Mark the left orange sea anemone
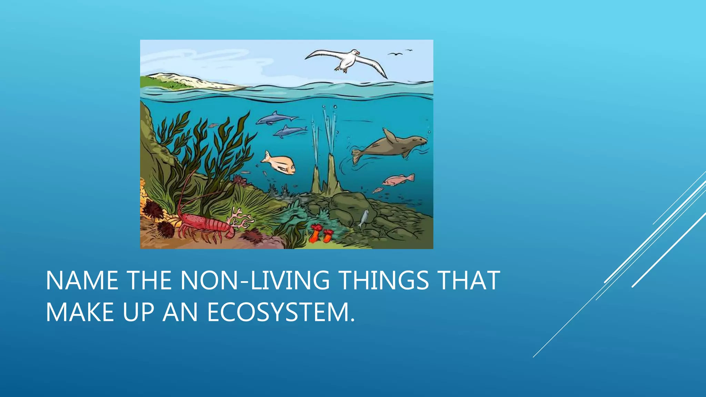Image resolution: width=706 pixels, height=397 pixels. pyautogui.click(x=315, y=233)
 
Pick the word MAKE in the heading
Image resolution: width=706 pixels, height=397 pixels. pyautogui.click(x=80, y=312)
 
